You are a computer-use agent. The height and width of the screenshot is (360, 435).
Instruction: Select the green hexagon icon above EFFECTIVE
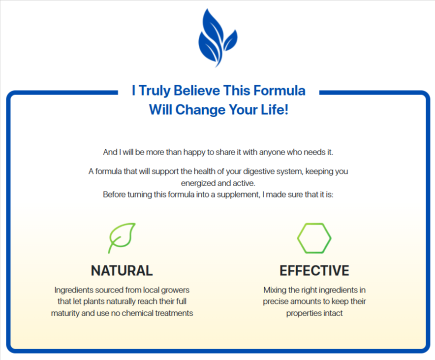click(314, 238)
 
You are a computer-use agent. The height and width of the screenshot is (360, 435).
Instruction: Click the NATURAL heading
click(122, 271)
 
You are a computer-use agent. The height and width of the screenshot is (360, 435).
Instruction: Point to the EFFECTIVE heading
click(314, 271)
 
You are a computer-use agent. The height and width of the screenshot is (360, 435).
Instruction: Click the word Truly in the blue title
click(155, 91)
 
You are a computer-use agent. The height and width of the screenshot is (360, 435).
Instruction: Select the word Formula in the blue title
click(280, 91)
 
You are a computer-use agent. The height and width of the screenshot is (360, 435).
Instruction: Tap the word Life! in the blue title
click(275, 109)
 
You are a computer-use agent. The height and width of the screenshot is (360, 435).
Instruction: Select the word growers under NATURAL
click(175, 291)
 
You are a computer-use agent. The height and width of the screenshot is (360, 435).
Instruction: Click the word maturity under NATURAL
click(65, 314)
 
